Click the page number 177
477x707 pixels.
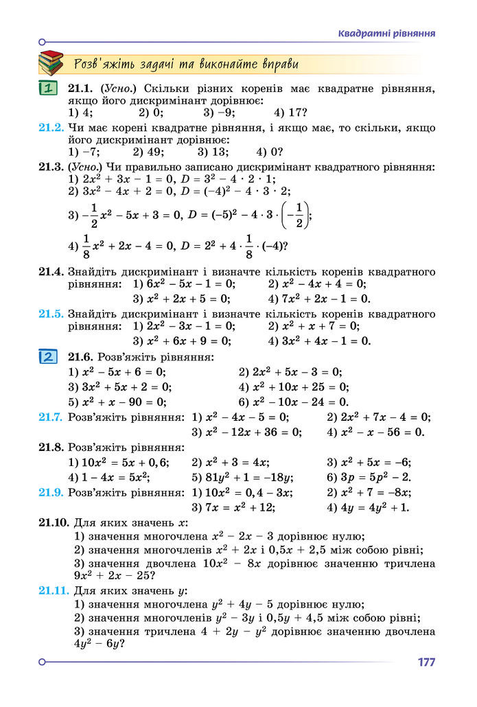pyautogui.click(x=426, y=662)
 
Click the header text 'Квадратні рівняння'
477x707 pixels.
pyautogui.click(x=387, y=34)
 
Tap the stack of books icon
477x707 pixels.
pyautogui.click(x=50, y=64)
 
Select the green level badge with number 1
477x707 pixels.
pyautogui.click(x=47, y=89)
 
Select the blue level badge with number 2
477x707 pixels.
pyautogui.click(x=47, y=357)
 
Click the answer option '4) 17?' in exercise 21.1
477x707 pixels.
pyautogui.click(x=290, y=113)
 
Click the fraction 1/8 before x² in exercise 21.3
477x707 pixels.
pyautogui.click(x=86, y=245)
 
